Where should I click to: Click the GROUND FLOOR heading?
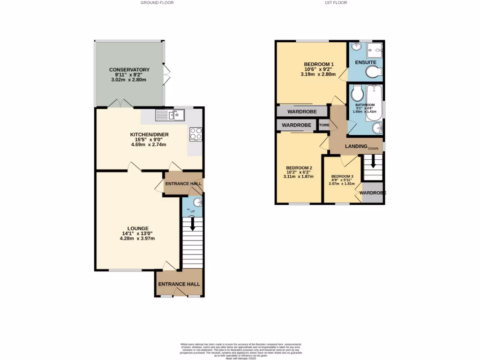pos(157,3)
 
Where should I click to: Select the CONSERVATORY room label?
pos(129,70)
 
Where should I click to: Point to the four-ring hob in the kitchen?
pos(195,134)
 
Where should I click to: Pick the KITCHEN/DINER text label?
pos(149,135)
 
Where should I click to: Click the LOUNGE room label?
pos(137,228)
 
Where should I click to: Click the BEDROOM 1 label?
pos(319,64)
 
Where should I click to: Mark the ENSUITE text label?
pos(365,62)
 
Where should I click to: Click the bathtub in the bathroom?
pos(375,102)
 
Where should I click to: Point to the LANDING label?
pos(356,146)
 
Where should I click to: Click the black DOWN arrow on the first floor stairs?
pos(373,162)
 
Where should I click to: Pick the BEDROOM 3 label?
pos(342,176)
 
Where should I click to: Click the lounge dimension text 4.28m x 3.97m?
pos(137,239)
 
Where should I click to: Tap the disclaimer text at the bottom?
pos(241,351)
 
